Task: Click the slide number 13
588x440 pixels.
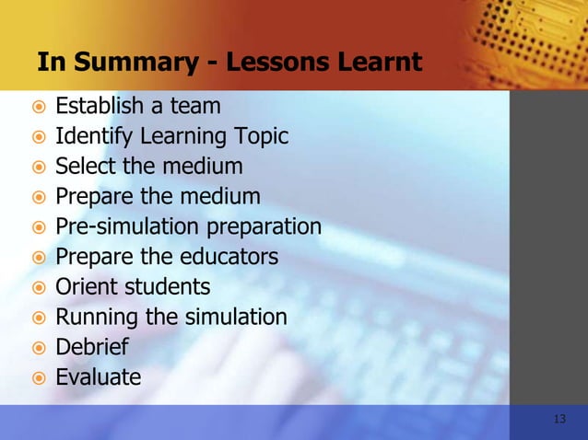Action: (559, 420)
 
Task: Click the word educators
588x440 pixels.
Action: (231, 256)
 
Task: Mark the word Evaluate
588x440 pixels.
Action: (99, 376)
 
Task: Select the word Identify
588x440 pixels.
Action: (93, 137)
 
